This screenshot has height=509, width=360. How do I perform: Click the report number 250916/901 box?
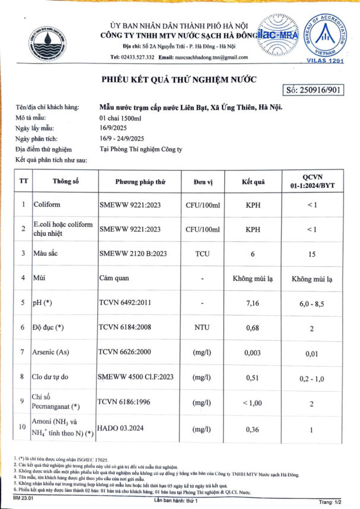[314, 91]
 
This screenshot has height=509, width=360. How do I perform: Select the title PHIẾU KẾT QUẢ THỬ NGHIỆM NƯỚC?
[171, 79]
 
